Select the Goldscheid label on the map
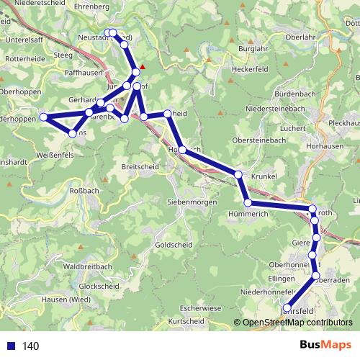(173, 245)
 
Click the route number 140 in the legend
(31, 346)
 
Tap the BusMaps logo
(325, 346)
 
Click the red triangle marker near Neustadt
(143, 69)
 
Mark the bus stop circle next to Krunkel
(238, 175)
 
